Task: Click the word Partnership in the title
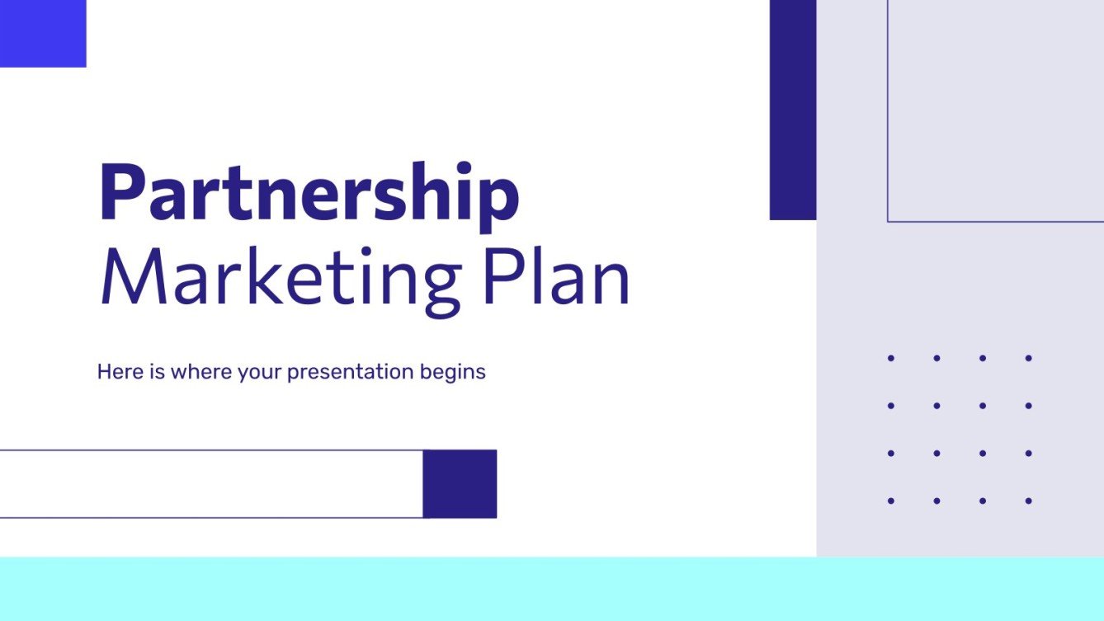309,195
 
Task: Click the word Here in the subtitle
115,372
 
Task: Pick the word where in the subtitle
201,372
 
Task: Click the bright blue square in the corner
43,33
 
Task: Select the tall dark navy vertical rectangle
793,110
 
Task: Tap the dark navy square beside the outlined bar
460,484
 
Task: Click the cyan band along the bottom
552,589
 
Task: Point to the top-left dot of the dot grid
891,358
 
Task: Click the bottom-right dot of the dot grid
1028,501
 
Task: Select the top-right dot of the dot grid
1028,358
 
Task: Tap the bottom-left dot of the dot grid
891,501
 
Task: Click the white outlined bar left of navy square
211,484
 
